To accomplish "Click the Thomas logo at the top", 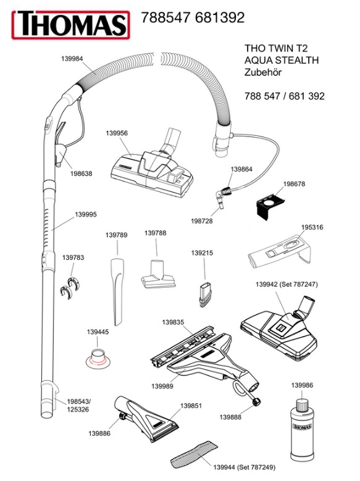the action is pos(70,25).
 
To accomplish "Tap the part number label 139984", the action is pos(72,59).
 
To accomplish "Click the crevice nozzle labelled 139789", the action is pos(117,291).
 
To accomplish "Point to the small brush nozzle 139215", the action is pos(204,295).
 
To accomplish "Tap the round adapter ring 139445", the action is pos(98,358).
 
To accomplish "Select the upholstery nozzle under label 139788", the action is pos(158,274).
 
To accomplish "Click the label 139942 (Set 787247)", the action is pos(287,285).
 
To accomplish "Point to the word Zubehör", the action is pos(263,72).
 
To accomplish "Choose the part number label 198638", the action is pos(82,174).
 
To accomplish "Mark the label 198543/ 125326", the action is pos(78,405).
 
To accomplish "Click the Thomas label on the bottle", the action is pos(303,427).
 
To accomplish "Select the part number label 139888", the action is pos(230,417).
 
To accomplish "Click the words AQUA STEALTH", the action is pos(282,60).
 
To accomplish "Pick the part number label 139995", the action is pos(86,214).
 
